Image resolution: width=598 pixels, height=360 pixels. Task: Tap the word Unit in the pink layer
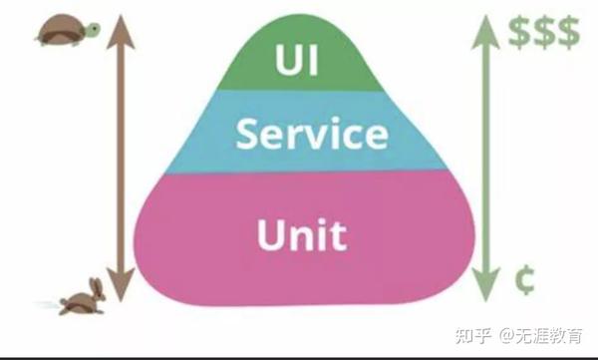(x=301, y=235)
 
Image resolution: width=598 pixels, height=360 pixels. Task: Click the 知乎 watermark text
(x=464, y=334)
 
